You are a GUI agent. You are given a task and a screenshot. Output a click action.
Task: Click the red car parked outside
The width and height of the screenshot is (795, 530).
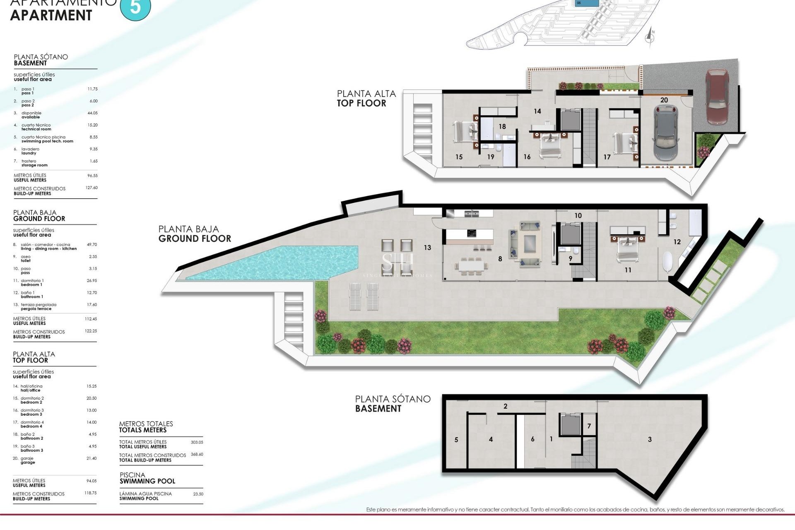pyautogui.click(x=717, y=96)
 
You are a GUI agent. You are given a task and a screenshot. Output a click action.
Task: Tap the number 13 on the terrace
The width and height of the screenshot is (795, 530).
pyautogui.click(x=427, y=248)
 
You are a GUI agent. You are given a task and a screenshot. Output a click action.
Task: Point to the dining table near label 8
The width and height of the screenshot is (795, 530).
pyautogui.click(x=473, y=265)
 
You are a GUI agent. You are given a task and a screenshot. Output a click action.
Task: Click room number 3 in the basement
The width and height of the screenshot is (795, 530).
pyautogui.click(x=650, y=439)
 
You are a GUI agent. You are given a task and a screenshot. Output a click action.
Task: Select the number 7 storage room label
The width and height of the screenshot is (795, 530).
pyautogui.click(x=589, y=426)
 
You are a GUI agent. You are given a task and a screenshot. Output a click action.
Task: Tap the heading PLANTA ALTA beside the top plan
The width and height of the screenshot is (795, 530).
pyautogui.click(x=366, y=94)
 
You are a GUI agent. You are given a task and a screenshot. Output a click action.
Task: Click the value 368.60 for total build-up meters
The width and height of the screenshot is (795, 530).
pyautogui.click(x=197, y=454)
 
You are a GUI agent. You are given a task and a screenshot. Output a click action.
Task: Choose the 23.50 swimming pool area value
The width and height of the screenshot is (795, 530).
pyautogui.click(x=198, y=494)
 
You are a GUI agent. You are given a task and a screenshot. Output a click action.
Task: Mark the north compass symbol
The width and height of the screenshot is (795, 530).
pyautogui.click(x=650, y=37)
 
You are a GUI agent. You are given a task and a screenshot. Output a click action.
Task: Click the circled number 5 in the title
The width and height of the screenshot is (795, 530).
pyautogui.click(x=135, y=7)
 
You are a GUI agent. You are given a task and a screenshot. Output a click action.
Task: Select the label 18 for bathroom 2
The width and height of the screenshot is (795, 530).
pyautogui.click(x=502, y=127)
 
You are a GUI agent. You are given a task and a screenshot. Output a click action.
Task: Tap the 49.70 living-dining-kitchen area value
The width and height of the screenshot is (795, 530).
pyautogui.click(x=92, y=245)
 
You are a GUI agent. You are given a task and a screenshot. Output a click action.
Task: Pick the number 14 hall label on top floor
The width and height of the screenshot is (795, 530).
pyautogui.click(x=537, y=111)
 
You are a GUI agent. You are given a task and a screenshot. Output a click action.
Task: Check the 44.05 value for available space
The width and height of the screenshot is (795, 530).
pyautogui.click(x=92, y=113)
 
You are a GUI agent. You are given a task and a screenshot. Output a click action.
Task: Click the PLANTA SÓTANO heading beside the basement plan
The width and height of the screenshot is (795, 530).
pyautogui.click(x=393, y=399)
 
